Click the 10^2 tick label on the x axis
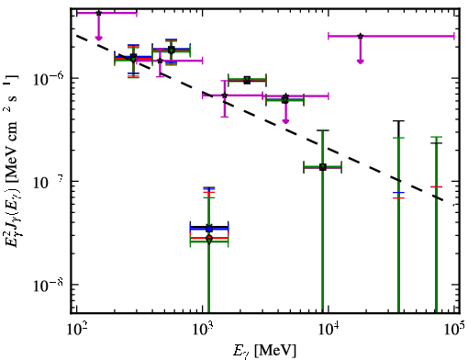click(76, 329)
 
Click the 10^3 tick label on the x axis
click(202, 329)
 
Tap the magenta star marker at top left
click(98, 13)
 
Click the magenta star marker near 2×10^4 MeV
click(361, 36)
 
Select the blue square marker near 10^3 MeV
click(209, 229)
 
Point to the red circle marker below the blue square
click(209, 238)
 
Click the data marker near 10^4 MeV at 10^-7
click(322, 167)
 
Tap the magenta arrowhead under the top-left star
click(98, 38)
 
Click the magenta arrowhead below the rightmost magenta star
click(361, 62)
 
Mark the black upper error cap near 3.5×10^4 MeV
click(398, 121)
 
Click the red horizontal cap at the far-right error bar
click(436, 186)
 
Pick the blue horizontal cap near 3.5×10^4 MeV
click(398, 193)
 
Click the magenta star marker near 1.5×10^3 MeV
click(225, 96)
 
